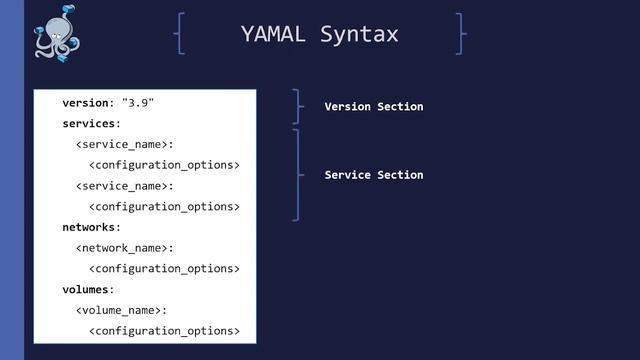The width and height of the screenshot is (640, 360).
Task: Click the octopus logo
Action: coord(57,36)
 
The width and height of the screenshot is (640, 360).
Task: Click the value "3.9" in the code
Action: coord(138,103)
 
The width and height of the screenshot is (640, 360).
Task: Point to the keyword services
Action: coord(91,124)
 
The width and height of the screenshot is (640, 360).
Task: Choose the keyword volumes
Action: coord(88,289)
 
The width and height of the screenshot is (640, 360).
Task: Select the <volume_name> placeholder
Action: coord(121,310)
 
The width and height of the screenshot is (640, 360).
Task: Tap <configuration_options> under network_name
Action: coord(165,269)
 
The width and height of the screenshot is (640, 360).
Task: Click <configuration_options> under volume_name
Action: coord(165,331)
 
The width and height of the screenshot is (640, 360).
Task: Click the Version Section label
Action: coord(374,106)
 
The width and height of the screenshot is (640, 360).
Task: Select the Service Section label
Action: coord(374,175)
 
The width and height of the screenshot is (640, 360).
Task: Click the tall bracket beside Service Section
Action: coord(298,175)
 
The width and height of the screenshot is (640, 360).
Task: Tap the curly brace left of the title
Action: coord(179,34)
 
